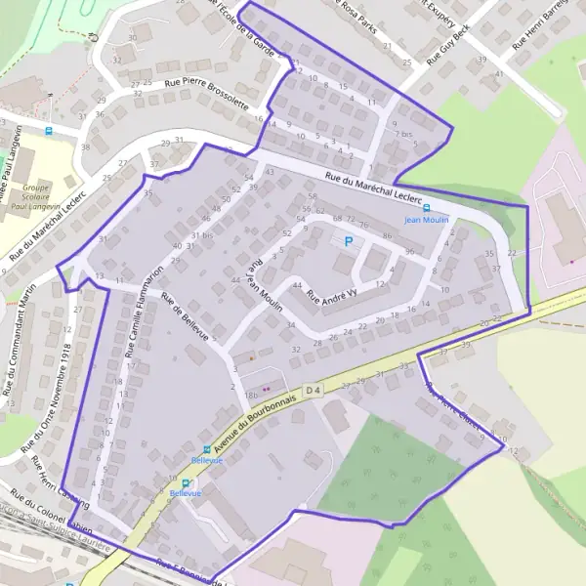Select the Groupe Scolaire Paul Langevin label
coord(37,196)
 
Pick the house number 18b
coord(251,394)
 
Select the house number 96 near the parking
coord(410,252)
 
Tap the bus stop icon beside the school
coord(50,130)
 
